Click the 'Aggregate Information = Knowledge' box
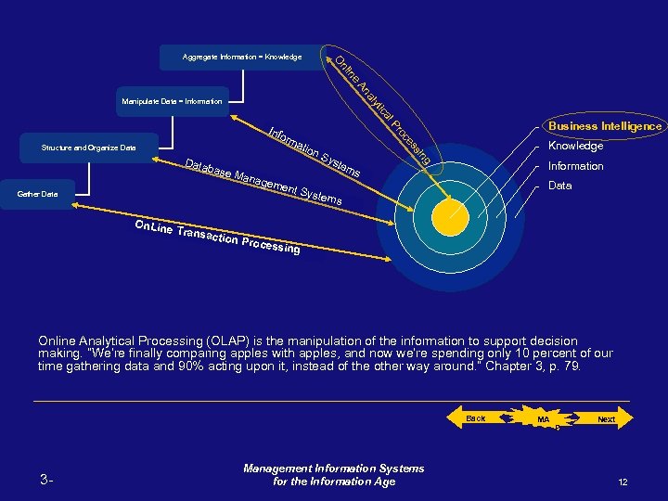click(x=242, y=58)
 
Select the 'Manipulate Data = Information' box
click(x=172, y=100)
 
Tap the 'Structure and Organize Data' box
click(x=89, y=148)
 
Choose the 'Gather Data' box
click(x=38, y=194)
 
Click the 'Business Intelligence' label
click(x=605, y=126)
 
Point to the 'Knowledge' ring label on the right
click(x=575, y=147)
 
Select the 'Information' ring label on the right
click(x=575, y=167)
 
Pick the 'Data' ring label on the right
click(x=560, y=186)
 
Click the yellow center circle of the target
click(x=453, y=216)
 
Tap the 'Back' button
click(x=476, y=419)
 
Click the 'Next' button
click(x=606, y=419)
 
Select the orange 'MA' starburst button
click(x=545, y=420)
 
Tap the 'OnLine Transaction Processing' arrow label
click(x=216, y=238)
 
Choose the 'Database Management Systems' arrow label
click(x=263, y=182)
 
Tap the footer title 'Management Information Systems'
click(x=333, y=469)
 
